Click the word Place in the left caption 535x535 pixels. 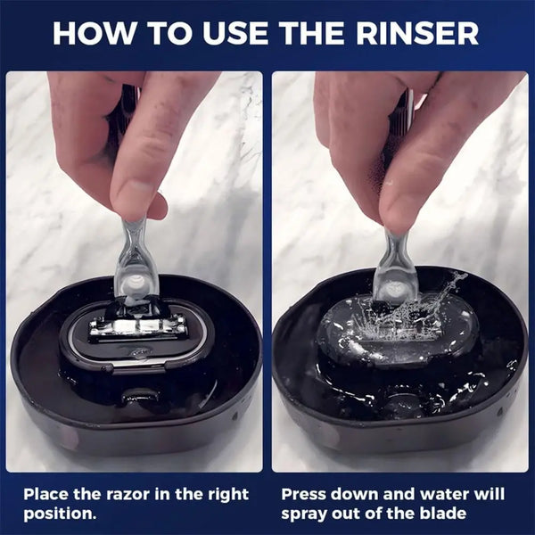click(45, 494)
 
